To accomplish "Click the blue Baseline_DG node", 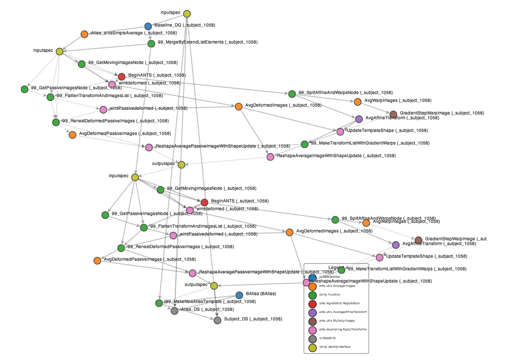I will click(x=148, y=27).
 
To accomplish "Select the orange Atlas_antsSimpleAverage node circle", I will click(x=84, y=34).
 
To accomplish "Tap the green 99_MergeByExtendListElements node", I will click(x=151, y=44).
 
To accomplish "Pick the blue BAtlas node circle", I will click(x=239, y=295).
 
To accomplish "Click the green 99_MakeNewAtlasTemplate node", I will click(x=159, y=303).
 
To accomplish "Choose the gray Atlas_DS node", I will click(x=174, y=311).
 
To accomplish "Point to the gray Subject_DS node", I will click(x=217, y=320).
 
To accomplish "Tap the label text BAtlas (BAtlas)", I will click(x=261, y=294).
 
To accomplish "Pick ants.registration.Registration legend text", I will click(x=339, y=303).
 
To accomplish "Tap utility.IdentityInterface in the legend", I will click(x=334, y=347).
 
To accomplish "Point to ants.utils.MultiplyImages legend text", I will click(x=337, y=320).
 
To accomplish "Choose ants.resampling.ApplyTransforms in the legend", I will click(x=343, y=330).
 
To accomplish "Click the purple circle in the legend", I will click(x=312, y=312).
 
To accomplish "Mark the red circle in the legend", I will click(x=312, y=303).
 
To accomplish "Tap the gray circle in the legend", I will click(x=312, y=338).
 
